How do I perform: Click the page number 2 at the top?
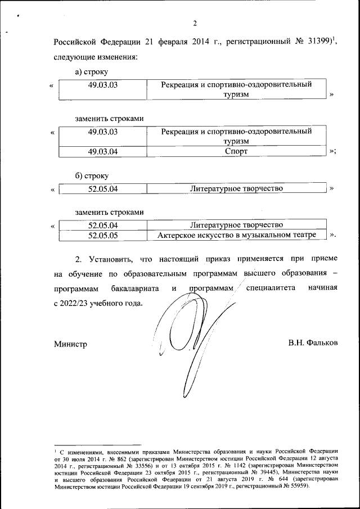tap(195, 23)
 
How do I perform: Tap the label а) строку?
tap(92, 71)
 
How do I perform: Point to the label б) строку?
tap(92, 176)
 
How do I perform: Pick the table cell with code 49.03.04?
tap(102, 151)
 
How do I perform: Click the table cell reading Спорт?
tap(236, 151)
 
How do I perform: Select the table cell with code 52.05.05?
tap(102, 236)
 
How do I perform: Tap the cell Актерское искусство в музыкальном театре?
tap(236, 235)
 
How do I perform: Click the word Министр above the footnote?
tap(70, 343)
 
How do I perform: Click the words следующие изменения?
tap(96, 57)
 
